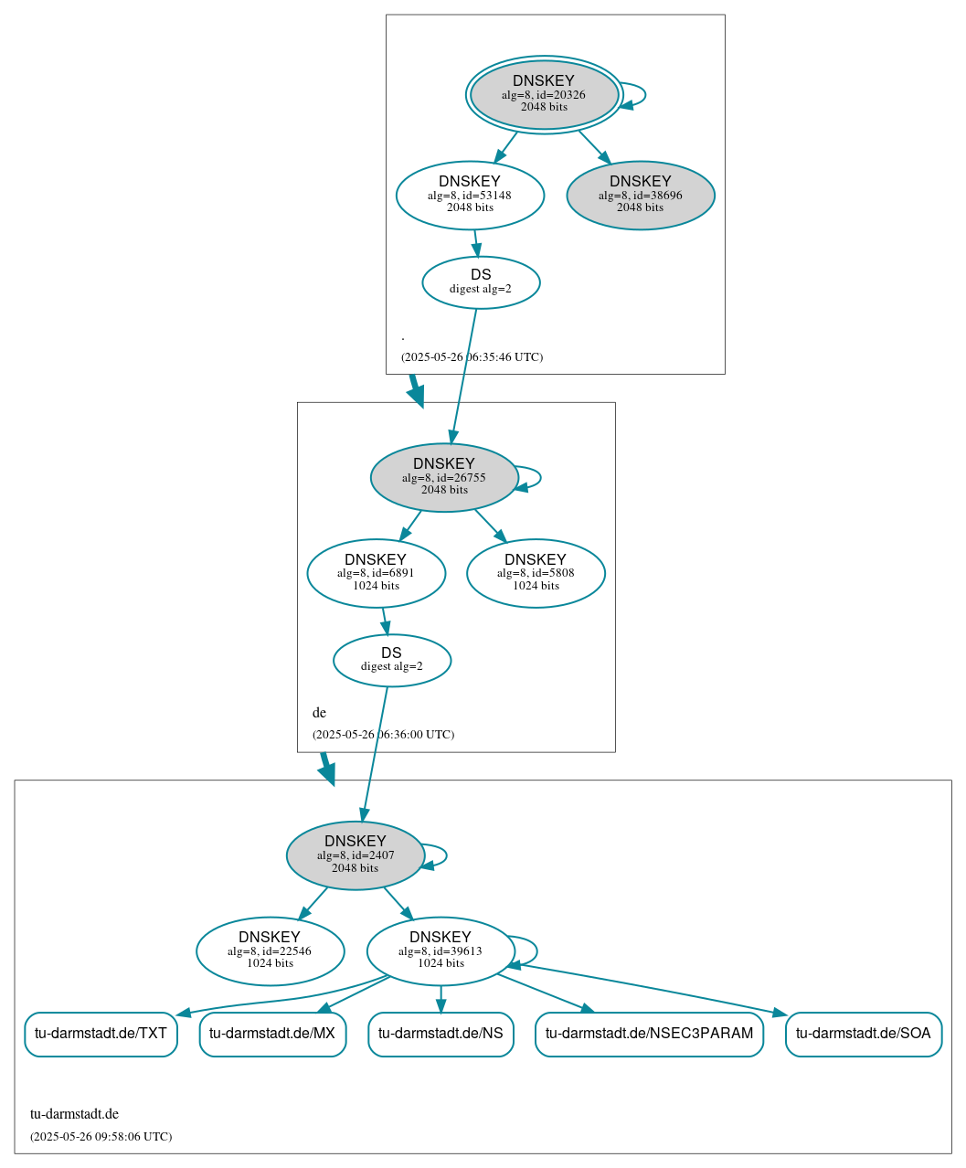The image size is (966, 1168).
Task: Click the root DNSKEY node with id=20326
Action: click(544, 94)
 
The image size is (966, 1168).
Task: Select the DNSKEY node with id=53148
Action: click(470, 195)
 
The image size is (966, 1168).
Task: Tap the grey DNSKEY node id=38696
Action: click(641, 195)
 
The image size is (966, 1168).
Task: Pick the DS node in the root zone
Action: click(481, 282)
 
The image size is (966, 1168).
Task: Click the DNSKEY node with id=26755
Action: click(444, 477)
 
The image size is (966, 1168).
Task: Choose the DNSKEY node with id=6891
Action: click(376, 573)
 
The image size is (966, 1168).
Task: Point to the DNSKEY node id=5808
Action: click(536, 573)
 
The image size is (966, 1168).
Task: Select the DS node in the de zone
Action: click(391, 660)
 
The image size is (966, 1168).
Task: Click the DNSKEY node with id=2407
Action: click(356, 855)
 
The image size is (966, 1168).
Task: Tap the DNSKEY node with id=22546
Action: click(270, 950)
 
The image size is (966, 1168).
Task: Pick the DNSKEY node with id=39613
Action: click(441, 950)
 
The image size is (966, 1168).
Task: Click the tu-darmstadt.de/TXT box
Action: click(101, 1034)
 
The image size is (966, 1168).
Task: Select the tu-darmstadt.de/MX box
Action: click(272, 1034)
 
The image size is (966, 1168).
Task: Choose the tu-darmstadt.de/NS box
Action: click(441, 1034)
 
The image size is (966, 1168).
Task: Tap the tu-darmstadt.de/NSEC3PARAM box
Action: click(649, 1034)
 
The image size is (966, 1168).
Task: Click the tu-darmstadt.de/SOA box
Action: click(863, 1034)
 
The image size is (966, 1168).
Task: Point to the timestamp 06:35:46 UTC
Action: click(472, 357)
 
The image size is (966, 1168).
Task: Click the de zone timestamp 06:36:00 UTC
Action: click(383, 735)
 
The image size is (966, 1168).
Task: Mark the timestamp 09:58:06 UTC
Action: click(101, 1137)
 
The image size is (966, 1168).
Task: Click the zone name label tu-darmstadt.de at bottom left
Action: click(74, 1114)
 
